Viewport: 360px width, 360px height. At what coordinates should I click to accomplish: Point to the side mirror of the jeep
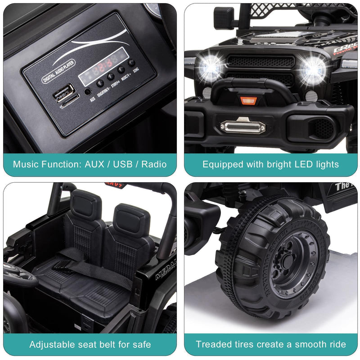coord(224,18)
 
